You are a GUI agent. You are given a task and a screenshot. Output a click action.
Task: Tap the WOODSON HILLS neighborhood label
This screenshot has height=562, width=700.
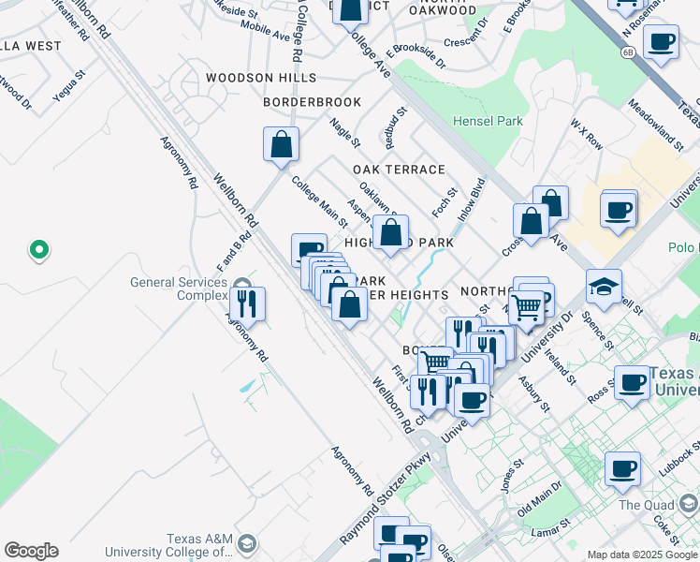tap(261, 78)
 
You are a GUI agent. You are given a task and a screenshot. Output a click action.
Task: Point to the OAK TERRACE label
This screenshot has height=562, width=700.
tap(399, 170)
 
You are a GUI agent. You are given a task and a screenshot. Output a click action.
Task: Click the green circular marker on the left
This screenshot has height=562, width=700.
tap(38, 249)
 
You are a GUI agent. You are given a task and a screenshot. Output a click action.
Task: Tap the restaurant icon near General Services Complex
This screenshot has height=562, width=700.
tap(247, 303)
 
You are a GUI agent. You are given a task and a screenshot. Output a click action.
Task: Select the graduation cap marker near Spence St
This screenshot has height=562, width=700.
tap(604, 286)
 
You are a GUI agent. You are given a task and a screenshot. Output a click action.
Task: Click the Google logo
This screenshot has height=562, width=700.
tap(31, 551)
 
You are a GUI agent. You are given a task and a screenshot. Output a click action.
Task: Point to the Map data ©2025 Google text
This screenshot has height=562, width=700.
tap(641, 555)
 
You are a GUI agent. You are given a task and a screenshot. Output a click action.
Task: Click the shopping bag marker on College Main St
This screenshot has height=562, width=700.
tap(281, 145)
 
